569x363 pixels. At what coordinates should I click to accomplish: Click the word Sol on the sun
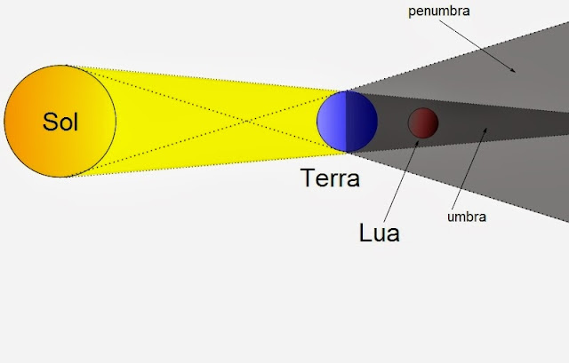[x=60, y=122]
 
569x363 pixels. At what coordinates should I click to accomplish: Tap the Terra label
[x=331, y=178]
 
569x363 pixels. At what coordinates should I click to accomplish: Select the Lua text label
[x=380, y=233]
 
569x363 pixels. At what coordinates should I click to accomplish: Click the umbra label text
[x=467, y=215]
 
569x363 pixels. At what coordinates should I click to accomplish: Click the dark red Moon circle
[x=422, y=122]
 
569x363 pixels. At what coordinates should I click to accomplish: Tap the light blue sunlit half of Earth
[x=332, y=121]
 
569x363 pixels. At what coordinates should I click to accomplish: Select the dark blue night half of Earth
[x=361, y=121]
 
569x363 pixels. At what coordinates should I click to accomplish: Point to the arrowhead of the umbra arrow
[x=485, y=130]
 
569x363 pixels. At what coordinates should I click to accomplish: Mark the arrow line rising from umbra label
[x=476, y=169]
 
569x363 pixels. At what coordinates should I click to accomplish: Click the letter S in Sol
[x=48, y=122]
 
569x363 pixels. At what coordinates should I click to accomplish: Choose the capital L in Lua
[x=365, y=233]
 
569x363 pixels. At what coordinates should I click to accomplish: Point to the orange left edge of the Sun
[x=11, y=121]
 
